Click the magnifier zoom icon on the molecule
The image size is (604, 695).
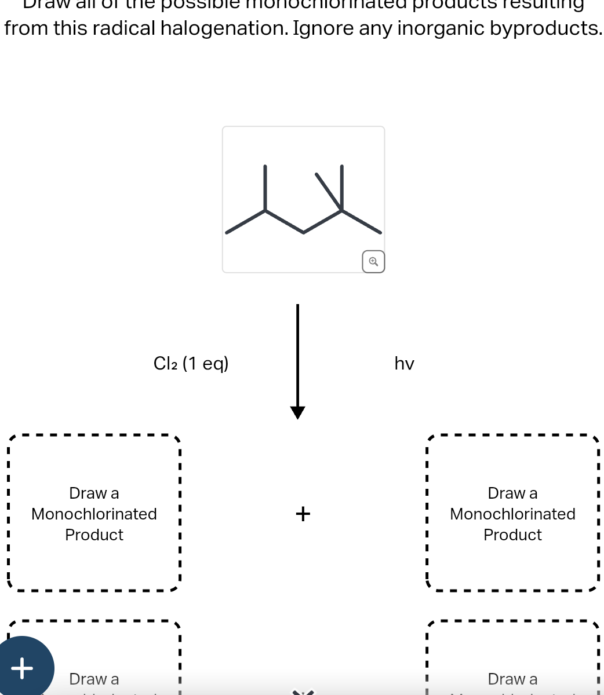(x=373, y=262)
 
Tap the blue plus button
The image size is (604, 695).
(x=23, y=667)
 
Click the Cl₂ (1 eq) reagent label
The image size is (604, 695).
(x=191, y=363)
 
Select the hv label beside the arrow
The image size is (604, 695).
(x=404, y=364)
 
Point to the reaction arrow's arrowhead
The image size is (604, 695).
(x=297, y=412)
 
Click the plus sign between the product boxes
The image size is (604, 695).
(x=303, y=513)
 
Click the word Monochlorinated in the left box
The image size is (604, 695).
(x=94, y=514)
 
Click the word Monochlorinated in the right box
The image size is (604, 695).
(x=512, y=514)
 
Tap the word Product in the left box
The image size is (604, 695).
(x=94, y=535)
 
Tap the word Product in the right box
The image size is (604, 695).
(x=512, y=535)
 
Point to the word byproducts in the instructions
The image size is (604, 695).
(x=545, y=28)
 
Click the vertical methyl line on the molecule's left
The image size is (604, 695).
(x=265, y=188)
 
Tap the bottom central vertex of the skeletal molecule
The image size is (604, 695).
(x=303, y=233)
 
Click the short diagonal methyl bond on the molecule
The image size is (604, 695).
(x=329, y=191)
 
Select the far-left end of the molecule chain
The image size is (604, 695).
(x=227, y=233)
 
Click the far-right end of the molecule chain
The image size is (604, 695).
(x=380, y=233)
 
